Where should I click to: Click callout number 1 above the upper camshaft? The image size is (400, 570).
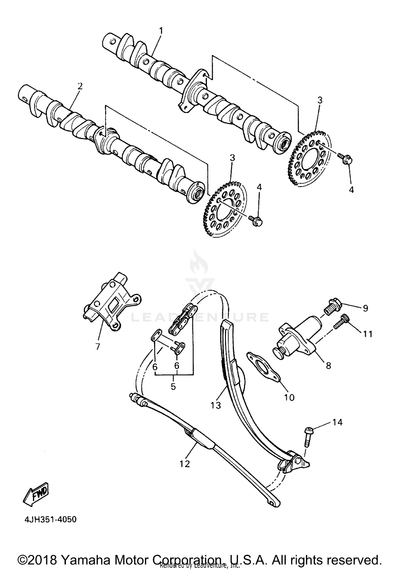(161, 31)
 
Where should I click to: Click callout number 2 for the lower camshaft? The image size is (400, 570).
(80, 86)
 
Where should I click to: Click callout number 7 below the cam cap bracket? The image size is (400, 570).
(98, 347)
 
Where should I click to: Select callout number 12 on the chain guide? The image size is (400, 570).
(184, 464)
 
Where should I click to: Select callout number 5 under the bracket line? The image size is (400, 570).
(173, 386)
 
